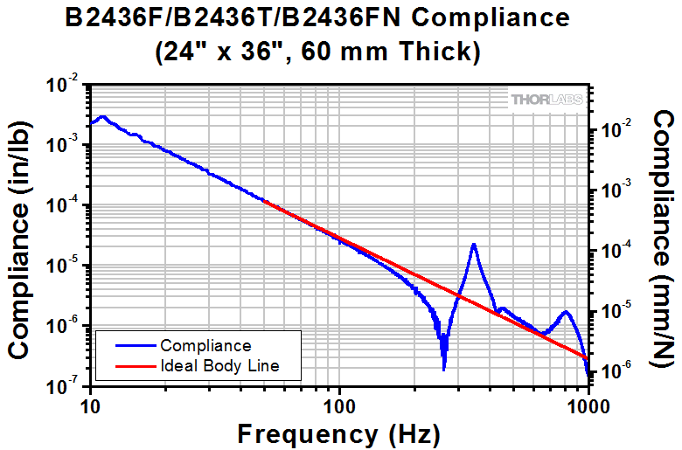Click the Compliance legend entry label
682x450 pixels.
tap(205, 346)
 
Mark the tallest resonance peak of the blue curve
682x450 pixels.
tap(473, 245)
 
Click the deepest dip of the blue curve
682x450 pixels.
tap(444, 369)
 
